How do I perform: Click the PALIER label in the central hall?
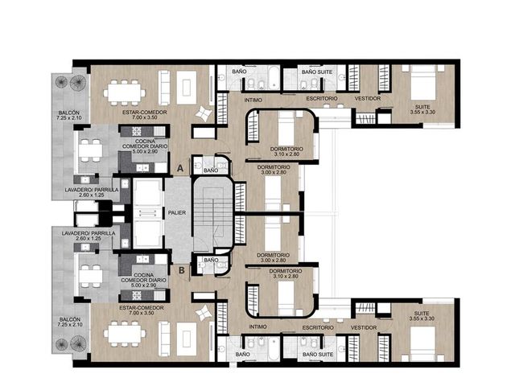177,212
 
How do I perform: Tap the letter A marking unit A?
180,168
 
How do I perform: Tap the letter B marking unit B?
182,270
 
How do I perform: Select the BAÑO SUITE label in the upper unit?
317,72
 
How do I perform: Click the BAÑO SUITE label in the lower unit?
318,355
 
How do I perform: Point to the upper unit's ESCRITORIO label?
322,98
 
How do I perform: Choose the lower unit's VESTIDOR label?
364,327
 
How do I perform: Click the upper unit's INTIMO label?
253,100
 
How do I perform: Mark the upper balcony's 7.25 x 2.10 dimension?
69,118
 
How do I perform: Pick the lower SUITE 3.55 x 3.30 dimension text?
422,318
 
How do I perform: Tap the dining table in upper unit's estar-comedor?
124,93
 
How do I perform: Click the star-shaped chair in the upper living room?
203,113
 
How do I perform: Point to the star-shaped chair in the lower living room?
203,313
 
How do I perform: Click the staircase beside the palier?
212,215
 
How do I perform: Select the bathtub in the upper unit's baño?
274,77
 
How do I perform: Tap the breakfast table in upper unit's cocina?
90,150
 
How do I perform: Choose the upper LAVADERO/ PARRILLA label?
92,190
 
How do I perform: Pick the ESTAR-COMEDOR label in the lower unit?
142,308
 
